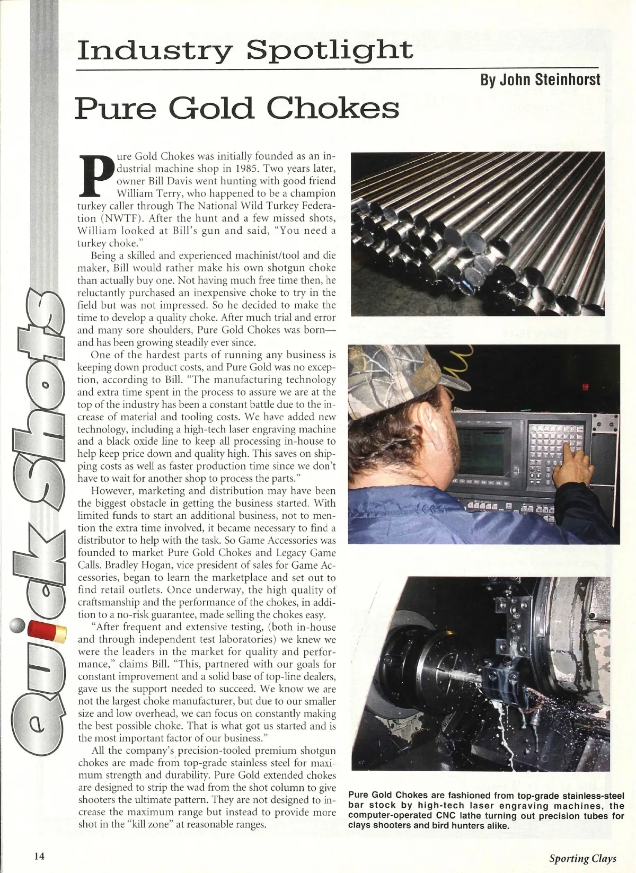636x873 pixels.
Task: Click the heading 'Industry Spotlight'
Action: click(x=244, y=50)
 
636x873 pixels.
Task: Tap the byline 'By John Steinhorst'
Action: click(x=540, y=80)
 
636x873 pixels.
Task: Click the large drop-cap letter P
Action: click(x=96, y=174)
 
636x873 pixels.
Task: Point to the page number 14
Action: click(x=39, y=856)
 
